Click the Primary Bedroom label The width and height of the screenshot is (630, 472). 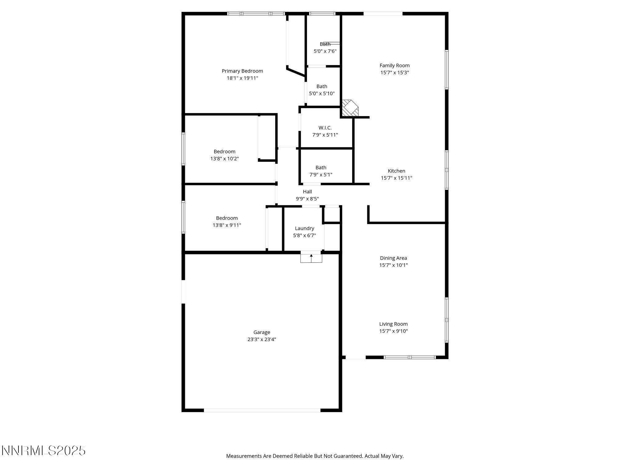tap(242, 71)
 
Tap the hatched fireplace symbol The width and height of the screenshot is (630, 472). tap(350, 108)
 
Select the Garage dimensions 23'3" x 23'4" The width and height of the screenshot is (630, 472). tap(261, 339)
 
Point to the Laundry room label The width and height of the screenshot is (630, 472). tap(304, 228)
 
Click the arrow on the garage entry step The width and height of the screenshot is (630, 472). tap(311, 256)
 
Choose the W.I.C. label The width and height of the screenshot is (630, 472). tap(325, 128)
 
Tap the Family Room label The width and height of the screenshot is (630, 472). tap(394, 65)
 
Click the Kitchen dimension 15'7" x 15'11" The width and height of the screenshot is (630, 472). tap(396, 178)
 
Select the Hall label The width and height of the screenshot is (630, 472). tap(307, 191)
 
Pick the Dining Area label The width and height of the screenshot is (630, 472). tap(393, 258)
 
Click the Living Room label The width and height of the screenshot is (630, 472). tap(393, 324)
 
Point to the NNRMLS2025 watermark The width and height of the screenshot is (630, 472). tap(43, 450)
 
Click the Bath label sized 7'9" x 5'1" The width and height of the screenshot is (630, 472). tap(321, 167)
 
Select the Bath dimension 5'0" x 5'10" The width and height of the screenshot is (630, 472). tap(322, 93)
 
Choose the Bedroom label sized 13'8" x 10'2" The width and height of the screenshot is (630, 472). tap(224, 151)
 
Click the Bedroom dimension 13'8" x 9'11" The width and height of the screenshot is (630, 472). tap(227, 225)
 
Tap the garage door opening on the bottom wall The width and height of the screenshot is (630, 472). tap(262, 410)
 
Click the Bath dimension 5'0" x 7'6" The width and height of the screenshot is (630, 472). tap(325, 51)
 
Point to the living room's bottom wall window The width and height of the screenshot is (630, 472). tap(410, 357)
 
